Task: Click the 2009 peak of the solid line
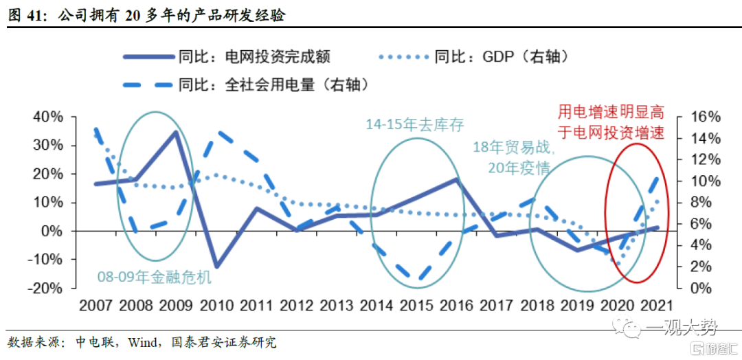click(x=177, y=132)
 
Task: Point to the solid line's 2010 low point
click(x=216, y=267)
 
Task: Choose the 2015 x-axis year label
click(x=418, y=305)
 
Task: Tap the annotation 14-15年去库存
click(x=414, y=125)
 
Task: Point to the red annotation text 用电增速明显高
click(x=611, y=112)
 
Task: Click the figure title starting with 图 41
click(x=147, y=15)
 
